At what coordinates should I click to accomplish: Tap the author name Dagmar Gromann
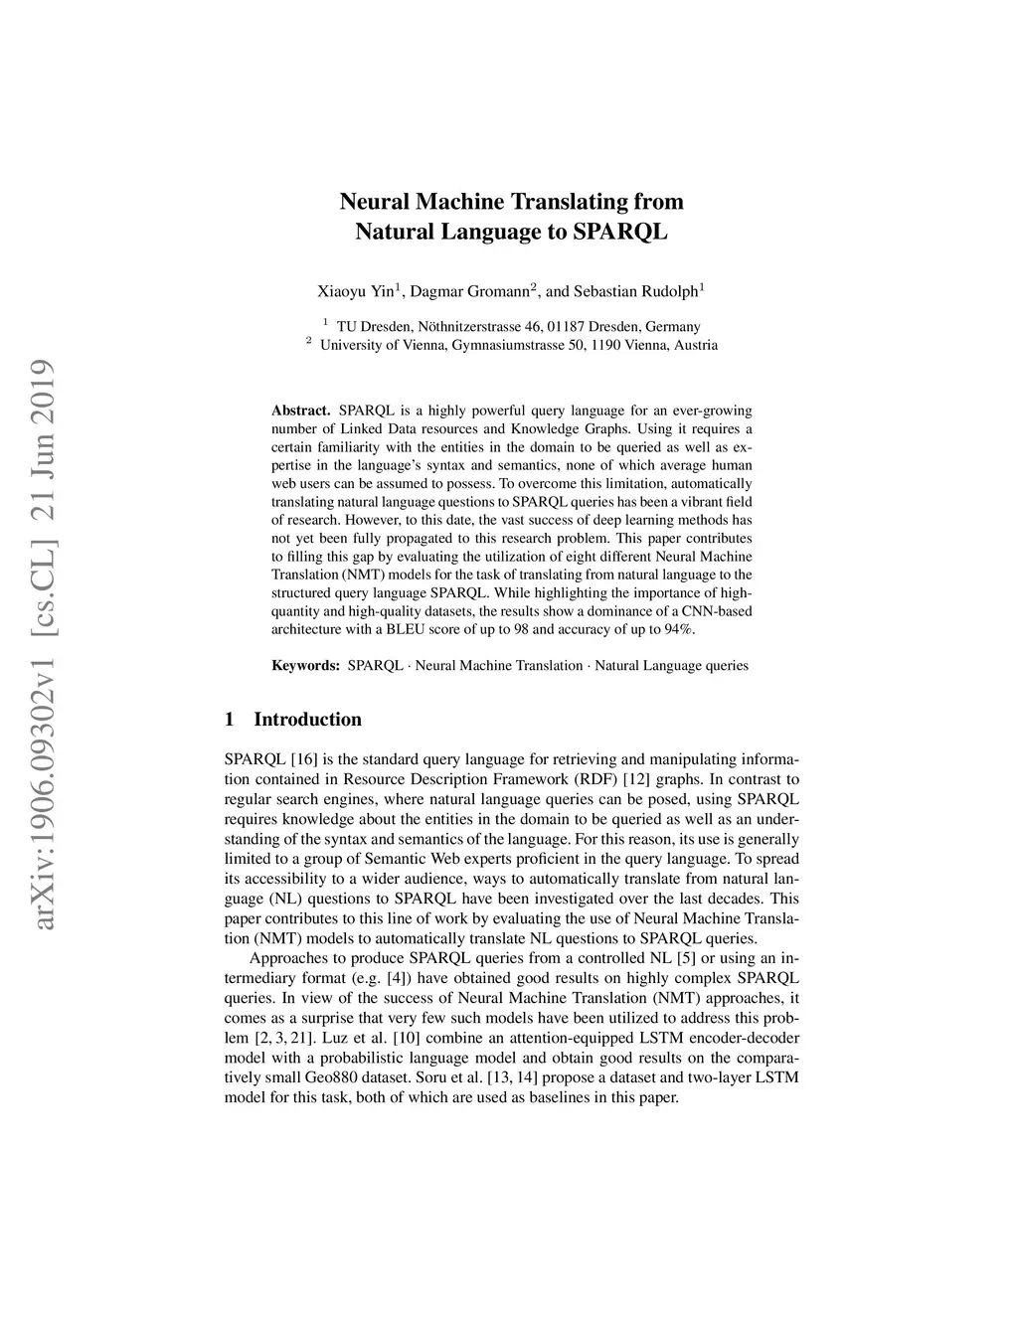(469, 291)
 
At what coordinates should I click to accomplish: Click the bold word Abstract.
(300, 410)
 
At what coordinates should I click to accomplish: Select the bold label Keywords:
(306, 665)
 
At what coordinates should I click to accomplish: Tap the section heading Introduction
(307, 720)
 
